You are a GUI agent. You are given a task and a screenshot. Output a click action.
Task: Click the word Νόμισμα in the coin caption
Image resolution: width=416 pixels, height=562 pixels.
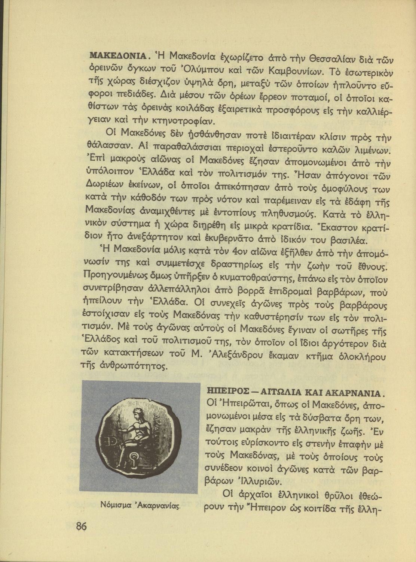114,505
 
